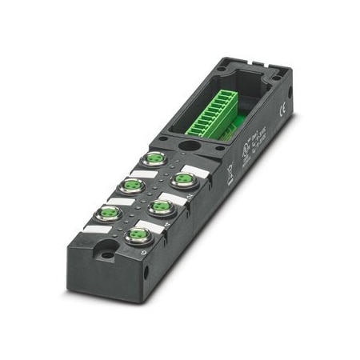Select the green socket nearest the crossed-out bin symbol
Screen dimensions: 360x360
tap(183, 178)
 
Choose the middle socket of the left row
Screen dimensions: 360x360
tap(130, 186)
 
